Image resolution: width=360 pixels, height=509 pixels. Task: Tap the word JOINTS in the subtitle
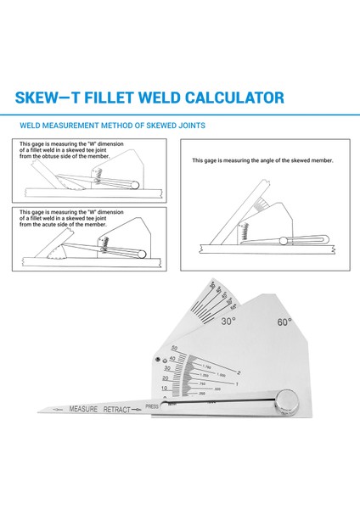[x=190, y=126]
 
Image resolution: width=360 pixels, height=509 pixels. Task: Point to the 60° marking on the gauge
[x=284, y=322]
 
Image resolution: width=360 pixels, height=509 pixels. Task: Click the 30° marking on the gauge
[x=228, y=322]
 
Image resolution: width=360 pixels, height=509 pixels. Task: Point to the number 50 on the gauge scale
[x=174, y=349]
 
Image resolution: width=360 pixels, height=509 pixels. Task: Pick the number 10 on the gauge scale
[x=166, y=388]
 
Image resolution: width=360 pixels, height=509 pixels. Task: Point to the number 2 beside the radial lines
[x=239, y=372]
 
